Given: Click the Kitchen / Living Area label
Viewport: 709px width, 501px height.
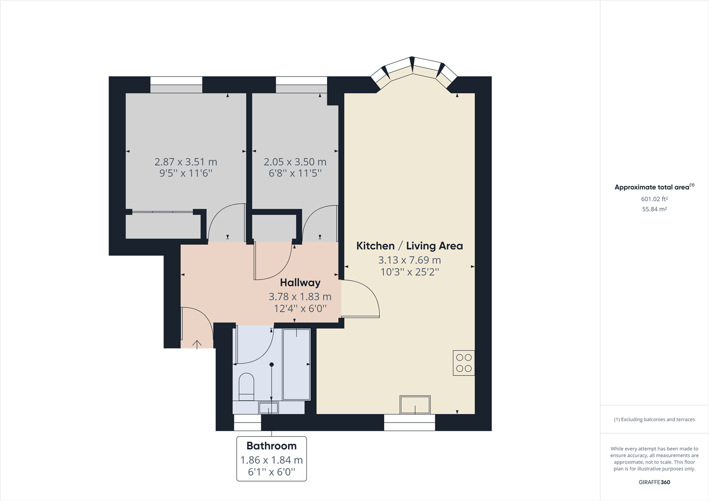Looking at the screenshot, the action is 410,246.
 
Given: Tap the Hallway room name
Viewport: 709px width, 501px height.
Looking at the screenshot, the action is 300,283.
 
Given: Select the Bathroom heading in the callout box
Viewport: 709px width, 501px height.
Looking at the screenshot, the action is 271,446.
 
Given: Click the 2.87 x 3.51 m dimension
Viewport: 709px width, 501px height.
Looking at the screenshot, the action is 186,162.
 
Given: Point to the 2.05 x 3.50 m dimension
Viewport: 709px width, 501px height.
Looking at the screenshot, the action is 295,162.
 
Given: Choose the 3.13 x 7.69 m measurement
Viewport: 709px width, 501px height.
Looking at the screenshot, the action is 410,260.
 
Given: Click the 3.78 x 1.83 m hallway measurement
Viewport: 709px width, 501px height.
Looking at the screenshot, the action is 300,296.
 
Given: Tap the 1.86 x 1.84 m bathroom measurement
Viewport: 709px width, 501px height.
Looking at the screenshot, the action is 271,460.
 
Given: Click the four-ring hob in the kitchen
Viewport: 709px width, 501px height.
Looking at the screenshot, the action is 464,363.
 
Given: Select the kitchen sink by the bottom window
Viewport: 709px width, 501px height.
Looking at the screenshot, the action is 415,405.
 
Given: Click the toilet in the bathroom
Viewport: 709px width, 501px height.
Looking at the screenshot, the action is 246,387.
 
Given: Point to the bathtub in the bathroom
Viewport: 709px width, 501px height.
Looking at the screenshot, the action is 296,364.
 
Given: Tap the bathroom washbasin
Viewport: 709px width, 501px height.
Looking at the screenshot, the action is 269,408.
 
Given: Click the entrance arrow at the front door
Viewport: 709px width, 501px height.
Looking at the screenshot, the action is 197,345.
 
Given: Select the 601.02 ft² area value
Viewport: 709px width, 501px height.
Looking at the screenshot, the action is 654,199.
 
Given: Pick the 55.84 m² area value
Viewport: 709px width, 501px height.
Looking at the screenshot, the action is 654,209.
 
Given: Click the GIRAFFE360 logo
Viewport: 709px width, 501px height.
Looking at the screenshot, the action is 654,482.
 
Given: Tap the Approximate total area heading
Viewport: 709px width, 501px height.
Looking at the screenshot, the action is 654,187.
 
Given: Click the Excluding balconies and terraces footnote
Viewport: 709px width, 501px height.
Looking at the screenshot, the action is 654,420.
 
